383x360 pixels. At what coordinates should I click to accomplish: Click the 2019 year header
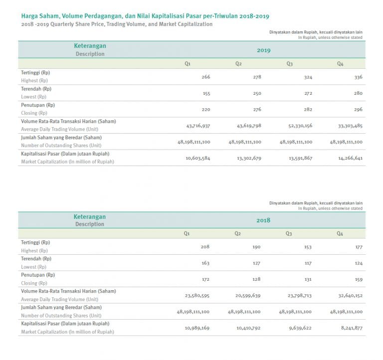(263, 50)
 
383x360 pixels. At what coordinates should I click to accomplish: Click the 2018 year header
(263, 220)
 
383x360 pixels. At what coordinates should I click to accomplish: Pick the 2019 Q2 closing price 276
(256, 110)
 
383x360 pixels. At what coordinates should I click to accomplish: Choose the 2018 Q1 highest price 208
(205, 247)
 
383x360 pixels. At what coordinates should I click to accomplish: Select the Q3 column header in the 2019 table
(289, 64)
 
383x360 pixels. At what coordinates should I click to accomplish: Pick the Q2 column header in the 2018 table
(238, 233)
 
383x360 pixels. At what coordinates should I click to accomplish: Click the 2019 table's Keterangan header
(90, 46)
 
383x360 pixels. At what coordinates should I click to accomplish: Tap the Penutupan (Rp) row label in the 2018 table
(38, 275)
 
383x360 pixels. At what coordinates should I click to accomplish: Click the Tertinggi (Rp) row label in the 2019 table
(35, 73)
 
